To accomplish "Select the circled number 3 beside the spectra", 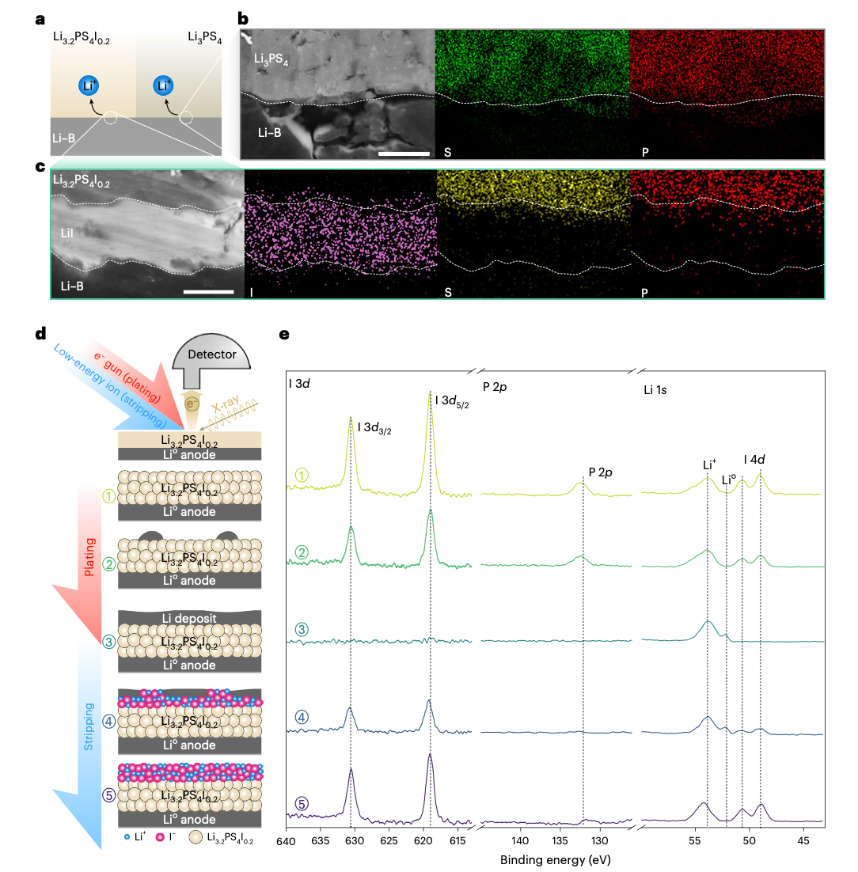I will pyautogui.click(x=301, y=630).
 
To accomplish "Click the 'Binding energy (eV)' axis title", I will pyautogui.click(x=556, y=859).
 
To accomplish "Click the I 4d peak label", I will pyautogui.click(x=754, y=458).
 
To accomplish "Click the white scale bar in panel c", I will pyautogui.click(x=208, y=291).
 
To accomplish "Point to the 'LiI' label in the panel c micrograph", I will pyautogui.click(x=69, y=233).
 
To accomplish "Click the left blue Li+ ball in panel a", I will pyautogui.click(x=89, y=86).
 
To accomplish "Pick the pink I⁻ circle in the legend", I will pyautogui.click(x=161, y=838).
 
